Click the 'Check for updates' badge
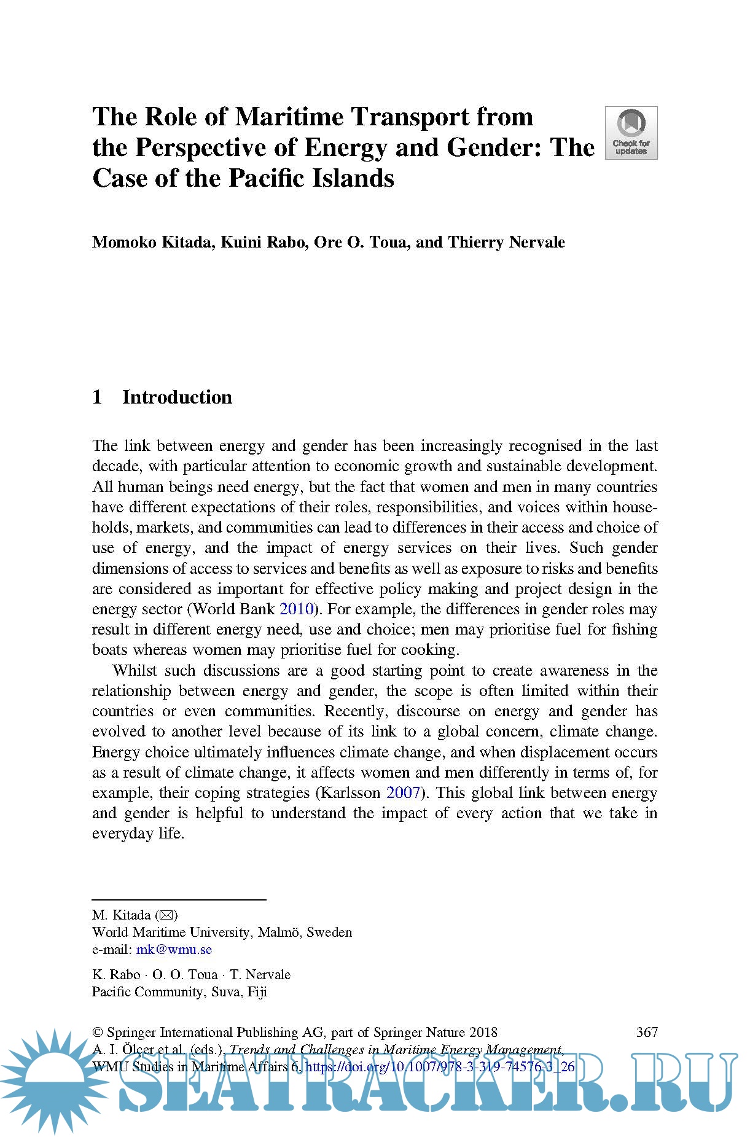pyautogui.click(x=631, y=133)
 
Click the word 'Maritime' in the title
pyautogui.click(x=289, y=117)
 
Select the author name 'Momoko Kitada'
pyautogui.click(x=153, y=242)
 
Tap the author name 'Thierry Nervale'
pyautogui.click(x=506, y=242)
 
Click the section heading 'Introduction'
pyautogui.click(x=177, y=397)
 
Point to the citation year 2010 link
pyautogui.click(x=297, y=609)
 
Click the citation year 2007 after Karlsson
pyautogui.click(x=403, y=793)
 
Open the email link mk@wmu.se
pyautogui.click(x=174, y=950)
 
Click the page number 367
pyautogui.click(x=647, y=1032)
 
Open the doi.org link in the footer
pyautogui.click(x=439, y=1067)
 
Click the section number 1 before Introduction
pyautogui.click(x=97, y=397)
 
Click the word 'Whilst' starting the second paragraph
pyautogui.click(x=135, y=671)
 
